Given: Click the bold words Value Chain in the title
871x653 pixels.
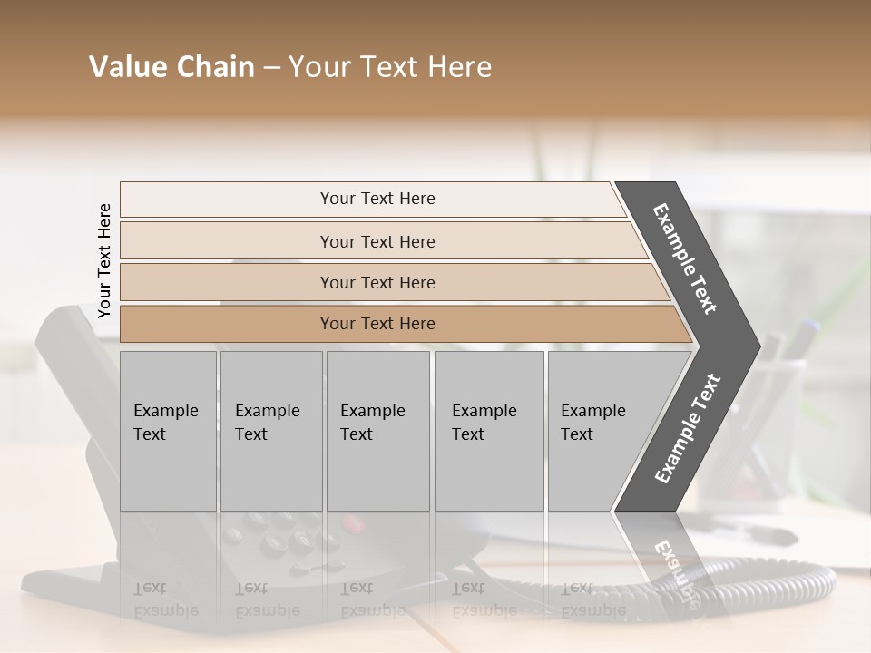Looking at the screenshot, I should click(x=171, y=67).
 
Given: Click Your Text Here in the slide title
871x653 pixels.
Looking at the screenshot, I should click(x=390, y=67).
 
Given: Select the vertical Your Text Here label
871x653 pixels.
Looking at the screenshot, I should click(x=104, y=260).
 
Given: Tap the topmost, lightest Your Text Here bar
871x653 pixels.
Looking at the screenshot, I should click(x=377, y=199).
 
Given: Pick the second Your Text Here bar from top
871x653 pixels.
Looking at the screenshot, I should click(x=377, y=241).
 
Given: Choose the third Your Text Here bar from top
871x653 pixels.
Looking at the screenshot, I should click(x=377, y=282).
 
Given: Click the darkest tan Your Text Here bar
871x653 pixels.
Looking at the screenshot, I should click(x=377, y=324).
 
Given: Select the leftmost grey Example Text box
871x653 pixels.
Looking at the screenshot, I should click(x=168, y=431).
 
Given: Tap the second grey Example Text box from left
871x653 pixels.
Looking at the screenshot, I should click(x=270, y=431).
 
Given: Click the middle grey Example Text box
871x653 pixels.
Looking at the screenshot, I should click(x=377, y=431).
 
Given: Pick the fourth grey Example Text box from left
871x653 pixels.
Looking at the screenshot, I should click(x=488, y=431).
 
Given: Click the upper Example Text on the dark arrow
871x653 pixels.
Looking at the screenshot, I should click(x=685, y=258).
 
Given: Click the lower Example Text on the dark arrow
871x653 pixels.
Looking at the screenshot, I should click(x=688, y=428).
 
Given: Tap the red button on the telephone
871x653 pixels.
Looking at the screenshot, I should click(x=353, y=523).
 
